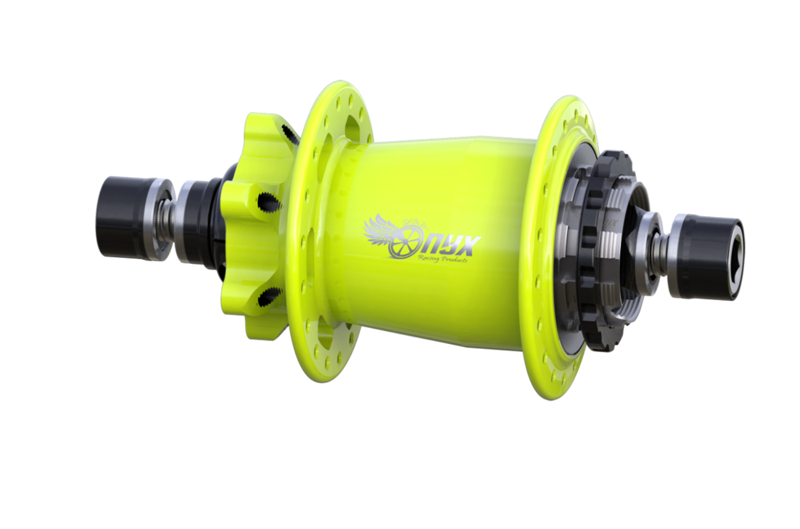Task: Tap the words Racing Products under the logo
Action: coord(443,259)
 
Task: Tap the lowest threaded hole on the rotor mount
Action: coord(269,296)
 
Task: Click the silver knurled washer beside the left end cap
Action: coord(159,219)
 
